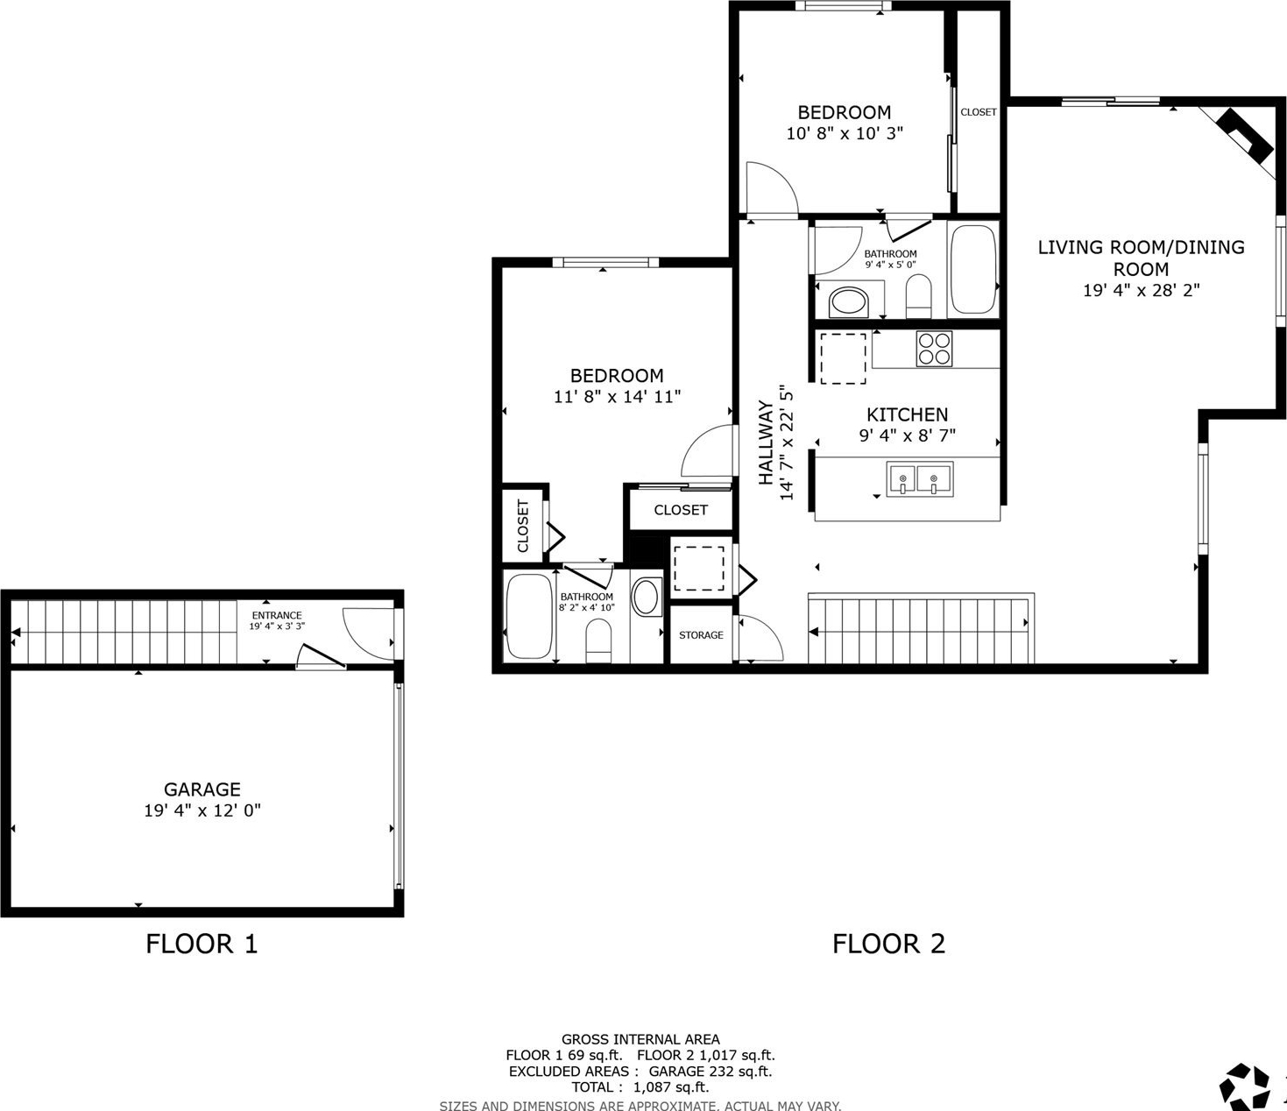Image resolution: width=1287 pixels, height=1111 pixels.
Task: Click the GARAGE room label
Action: [202, 789]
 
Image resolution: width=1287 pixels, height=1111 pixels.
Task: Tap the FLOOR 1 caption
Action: [202, 944]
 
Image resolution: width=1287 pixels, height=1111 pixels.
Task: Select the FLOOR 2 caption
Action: [888, 944]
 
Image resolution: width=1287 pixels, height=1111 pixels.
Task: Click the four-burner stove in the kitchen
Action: [934, 349]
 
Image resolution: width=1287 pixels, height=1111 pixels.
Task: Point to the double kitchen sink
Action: [920, 479]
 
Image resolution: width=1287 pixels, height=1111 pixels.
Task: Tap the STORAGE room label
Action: [701, 635]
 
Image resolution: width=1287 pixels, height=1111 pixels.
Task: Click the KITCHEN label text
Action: [907, 414]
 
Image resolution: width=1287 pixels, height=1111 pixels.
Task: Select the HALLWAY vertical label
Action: [766, 442]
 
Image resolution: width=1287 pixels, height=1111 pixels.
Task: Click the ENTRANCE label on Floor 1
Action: [277, 615]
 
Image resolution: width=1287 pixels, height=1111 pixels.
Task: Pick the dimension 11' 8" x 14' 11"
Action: [617, 397]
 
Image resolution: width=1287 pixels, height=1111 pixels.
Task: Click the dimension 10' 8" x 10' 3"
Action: [845, 133]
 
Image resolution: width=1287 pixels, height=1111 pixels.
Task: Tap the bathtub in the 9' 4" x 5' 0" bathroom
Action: [973, 269]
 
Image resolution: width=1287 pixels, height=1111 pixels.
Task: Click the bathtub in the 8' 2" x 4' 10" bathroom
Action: [529, 616]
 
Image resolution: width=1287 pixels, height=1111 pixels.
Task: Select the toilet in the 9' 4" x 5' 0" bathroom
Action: [918, 296]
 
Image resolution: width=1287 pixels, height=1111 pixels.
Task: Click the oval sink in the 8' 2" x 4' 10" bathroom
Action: [647, 597]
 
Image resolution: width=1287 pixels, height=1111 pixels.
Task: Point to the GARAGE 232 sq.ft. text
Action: [711, 1072]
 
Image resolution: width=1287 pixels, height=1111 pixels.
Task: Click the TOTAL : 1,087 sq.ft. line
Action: [640, 1087]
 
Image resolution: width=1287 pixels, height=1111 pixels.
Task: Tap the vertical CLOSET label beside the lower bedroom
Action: [522, 526]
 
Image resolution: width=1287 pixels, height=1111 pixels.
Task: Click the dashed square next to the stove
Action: [843, 358]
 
